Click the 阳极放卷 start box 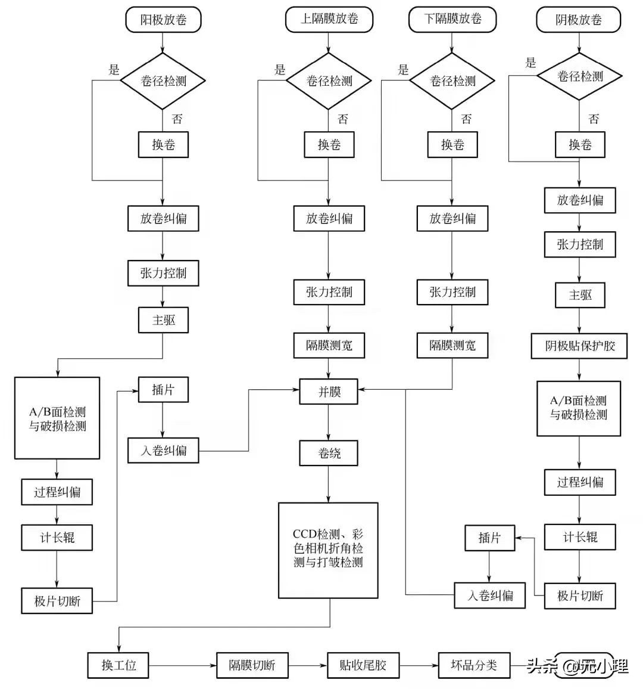(163, 20)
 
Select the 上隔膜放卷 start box (329, 19)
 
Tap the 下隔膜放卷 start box (452, 19)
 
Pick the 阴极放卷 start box (579, 20)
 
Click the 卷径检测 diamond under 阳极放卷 (163, 80)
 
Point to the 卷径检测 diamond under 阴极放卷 (579, 76)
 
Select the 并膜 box (329, 392)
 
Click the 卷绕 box (329, 453)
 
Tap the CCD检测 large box (328, 550)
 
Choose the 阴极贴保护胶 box (579, 346)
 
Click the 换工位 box (118, 665)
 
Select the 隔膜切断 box (252, 665)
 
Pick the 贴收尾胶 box (363, 665)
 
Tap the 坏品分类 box (474, 664)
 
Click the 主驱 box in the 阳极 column (163, 320)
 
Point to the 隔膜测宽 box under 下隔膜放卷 (452, 345)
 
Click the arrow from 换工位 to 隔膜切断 (182, 665)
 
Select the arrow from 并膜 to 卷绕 (329, 423)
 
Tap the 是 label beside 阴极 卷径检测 (530, 63)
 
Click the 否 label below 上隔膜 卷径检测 (343, 119)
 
